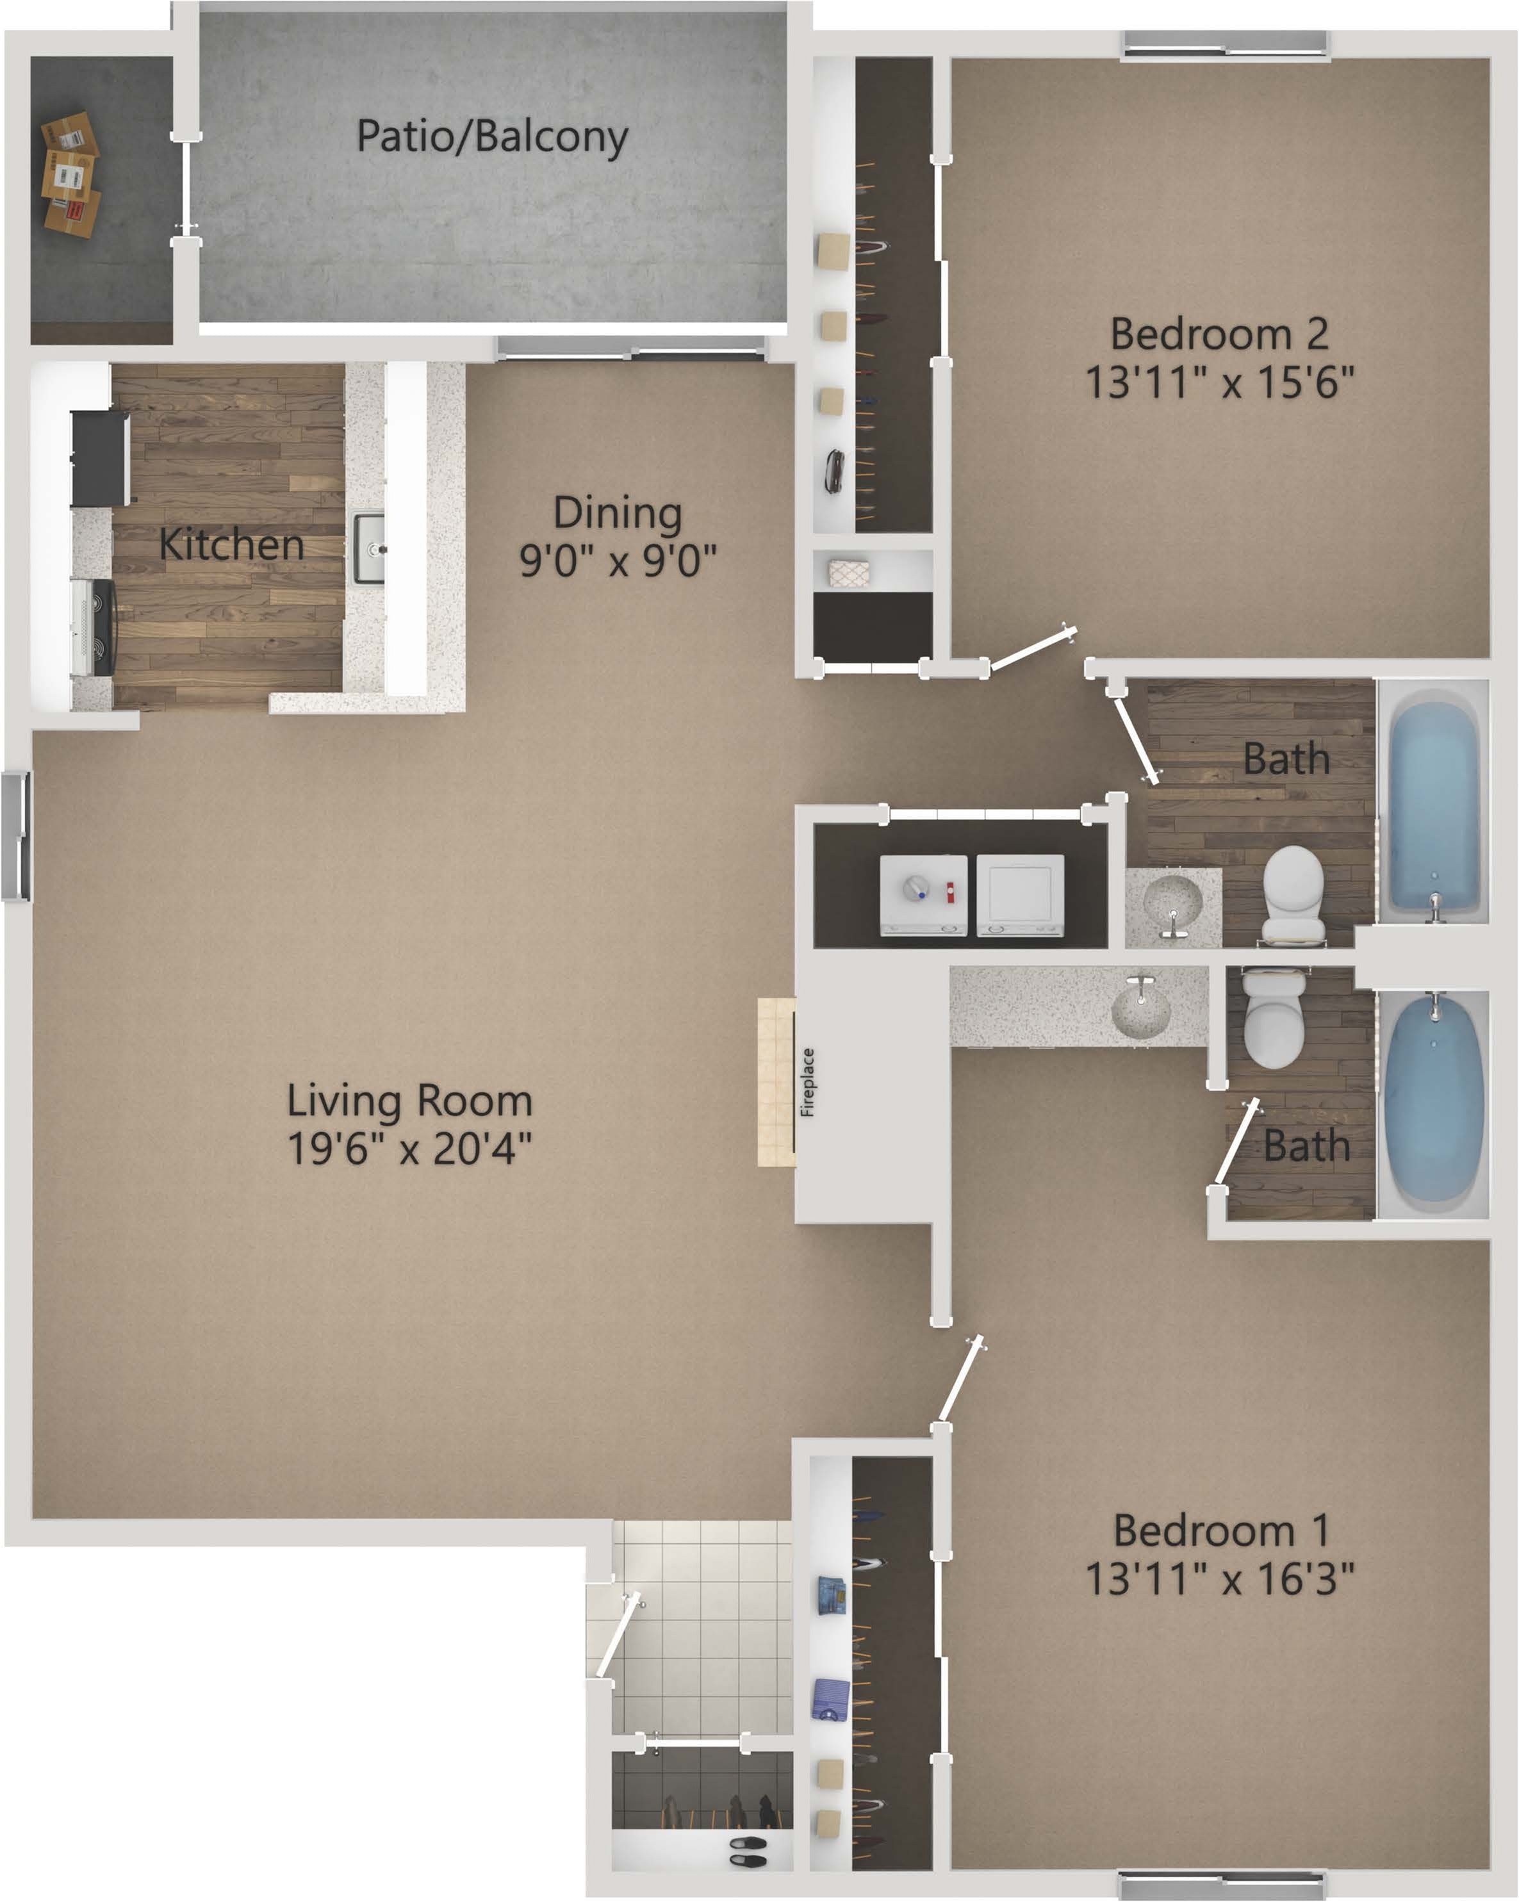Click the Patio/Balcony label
tap(491, 138)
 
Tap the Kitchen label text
tap(231, 545)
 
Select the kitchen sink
tap(369, 549)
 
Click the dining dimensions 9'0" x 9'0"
tap(618, 560)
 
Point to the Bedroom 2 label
tap(1219, 334)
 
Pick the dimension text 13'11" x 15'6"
tap(1219, 383)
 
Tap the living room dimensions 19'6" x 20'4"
tap(410, 1149)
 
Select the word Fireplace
tap(807, 1083)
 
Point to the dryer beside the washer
tap(1020, 894)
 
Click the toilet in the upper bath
tap(1293, 894)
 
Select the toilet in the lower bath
tap(1273, 1017)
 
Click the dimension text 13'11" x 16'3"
tap(1219, 1578)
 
